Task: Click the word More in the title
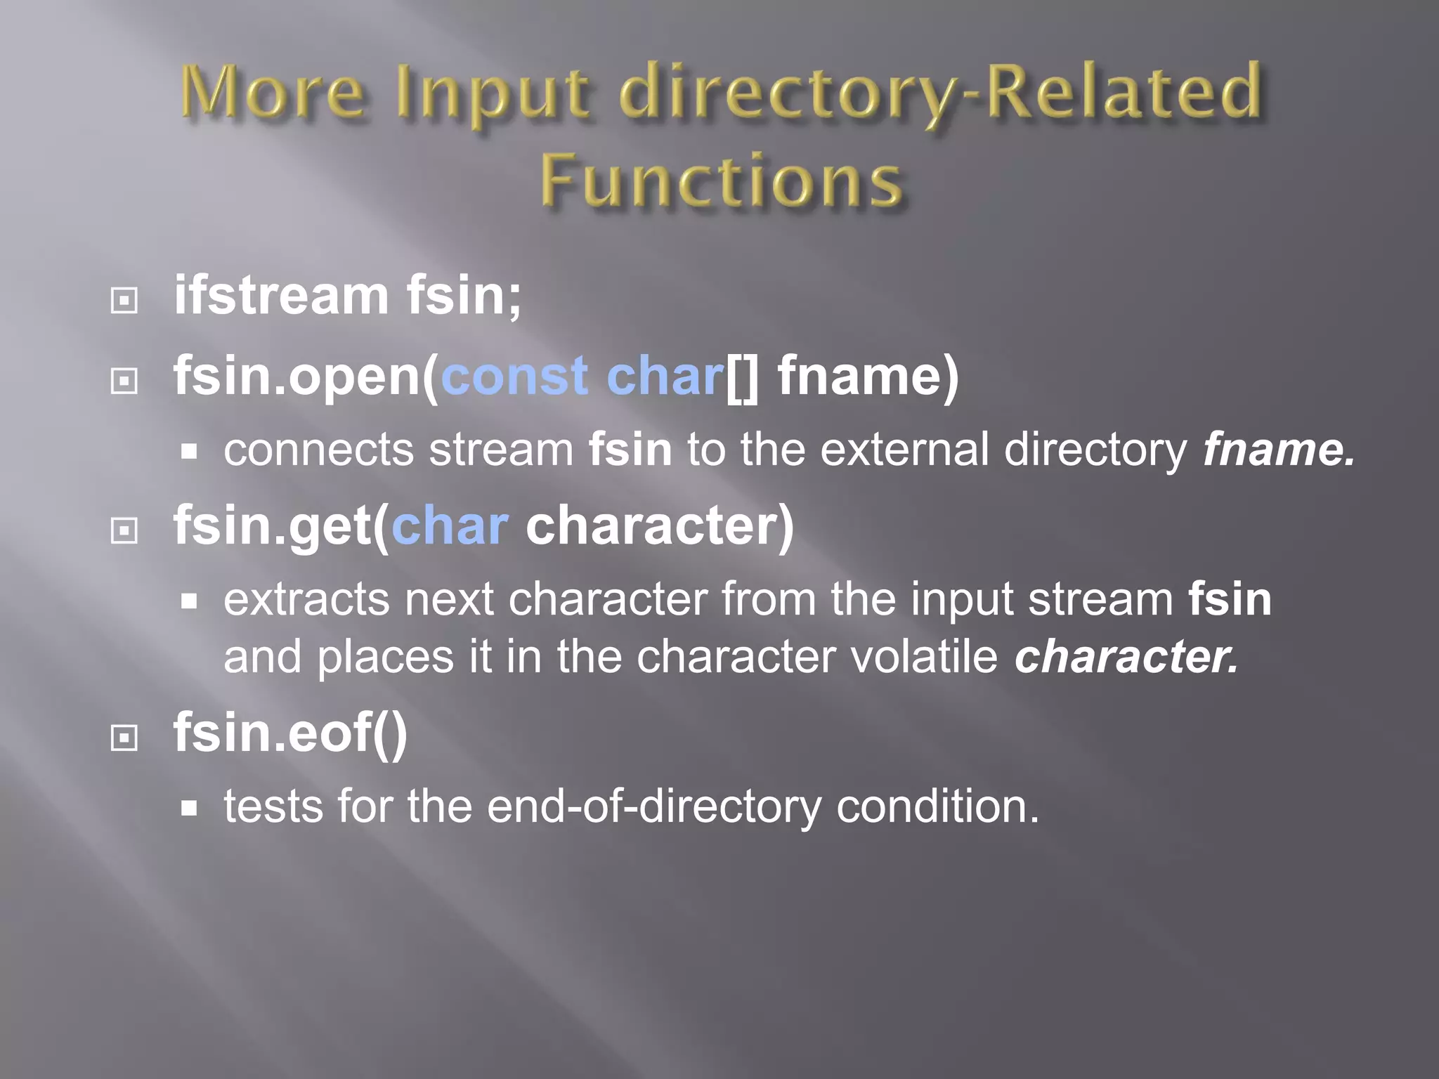(273, 93)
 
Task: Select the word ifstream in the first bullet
(281, 295)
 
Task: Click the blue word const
(514, 376)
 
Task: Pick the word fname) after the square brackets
(868, 376)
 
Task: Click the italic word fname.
(1277, 450)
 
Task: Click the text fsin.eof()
(290, 733)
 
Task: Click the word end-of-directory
(653, 806)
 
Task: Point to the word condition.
(937, 806)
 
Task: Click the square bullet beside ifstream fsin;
(124, 301)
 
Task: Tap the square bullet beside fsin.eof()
(124, 738)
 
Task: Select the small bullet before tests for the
(188, 808)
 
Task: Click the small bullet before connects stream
(188, 452)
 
